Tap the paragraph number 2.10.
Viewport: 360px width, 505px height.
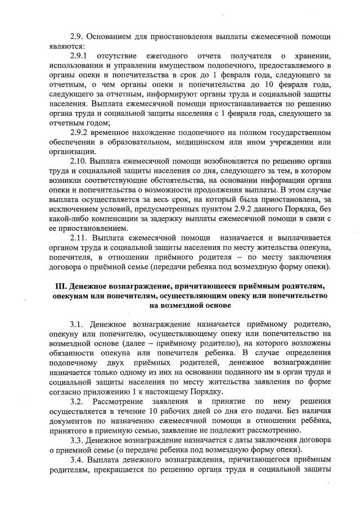(x=78, y=162)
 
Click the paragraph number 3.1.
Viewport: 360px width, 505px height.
(x=77, y=324)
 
